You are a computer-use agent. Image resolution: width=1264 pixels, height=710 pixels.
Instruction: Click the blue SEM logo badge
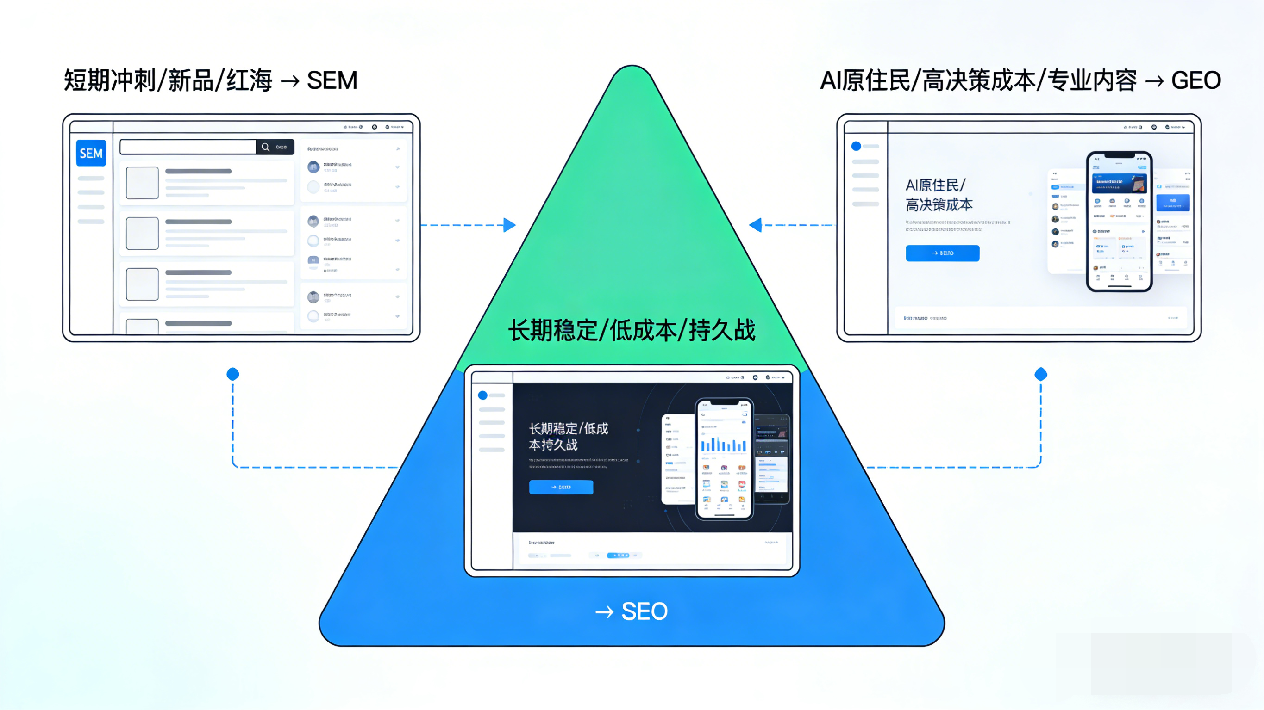tap(91, 154)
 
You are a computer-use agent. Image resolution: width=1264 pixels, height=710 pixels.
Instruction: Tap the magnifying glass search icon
tap(265, 147)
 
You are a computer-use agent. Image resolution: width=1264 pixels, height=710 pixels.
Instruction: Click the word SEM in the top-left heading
tap(332, 80)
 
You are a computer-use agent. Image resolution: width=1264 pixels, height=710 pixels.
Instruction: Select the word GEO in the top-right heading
tap(1196, 80)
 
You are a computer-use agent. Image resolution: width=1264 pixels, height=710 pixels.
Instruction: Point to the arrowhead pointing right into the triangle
tap(510, 225)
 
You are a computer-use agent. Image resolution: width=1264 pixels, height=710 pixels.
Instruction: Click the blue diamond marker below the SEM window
tap(232, 375)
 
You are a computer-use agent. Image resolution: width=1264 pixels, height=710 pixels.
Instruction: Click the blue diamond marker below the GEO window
tap(1041, 375)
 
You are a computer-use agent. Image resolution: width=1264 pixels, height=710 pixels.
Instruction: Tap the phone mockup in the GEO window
tap(1119, 222)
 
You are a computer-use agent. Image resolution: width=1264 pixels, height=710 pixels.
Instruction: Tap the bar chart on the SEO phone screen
tap(724, 444)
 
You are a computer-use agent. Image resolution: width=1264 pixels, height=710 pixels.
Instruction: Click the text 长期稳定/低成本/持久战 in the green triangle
tap(632, 330)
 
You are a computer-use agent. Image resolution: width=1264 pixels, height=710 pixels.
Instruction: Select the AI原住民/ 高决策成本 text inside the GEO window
tap(938, 195)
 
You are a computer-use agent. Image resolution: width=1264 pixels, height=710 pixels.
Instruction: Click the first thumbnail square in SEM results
tap(142, 183)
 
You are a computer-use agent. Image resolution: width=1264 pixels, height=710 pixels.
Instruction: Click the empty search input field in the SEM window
tap(188, 147)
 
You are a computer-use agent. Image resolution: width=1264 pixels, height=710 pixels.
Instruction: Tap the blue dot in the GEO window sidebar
tap(856, 146)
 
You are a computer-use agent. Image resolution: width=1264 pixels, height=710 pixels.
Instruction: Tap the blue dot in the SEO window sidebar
tap(483, 395)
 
